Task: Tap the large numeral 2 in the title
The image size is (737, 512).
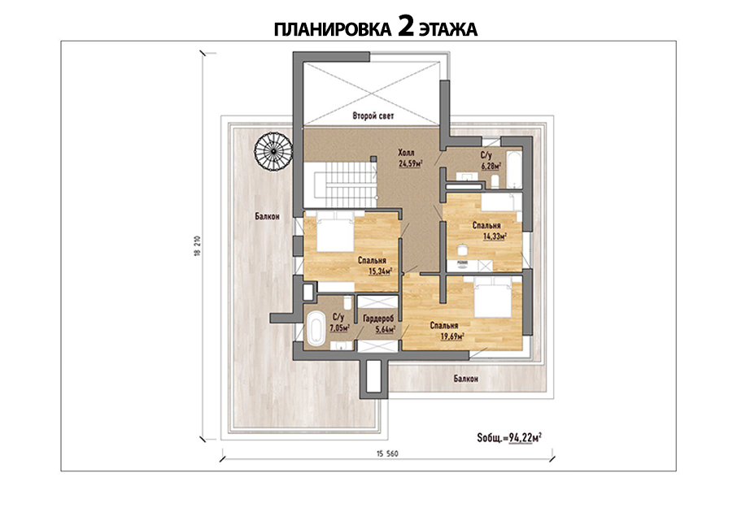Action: coord(406,28)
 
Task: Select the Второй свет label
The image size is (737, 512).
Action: coord(373,115)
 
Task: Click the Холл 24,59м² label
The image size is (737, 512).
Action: coord(409,158)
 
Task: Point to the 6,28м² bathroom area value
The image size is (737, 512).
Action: coord(491,165)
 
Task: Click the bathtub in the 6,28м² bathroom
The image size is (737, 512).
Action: coord(514,168)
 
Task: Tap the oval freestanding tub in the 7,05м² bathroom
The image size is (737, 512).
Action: coord(315,329)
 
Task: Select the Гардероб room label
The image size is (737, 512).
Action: coord(378,319)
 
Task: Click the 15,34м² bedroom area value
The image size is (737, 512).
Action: coord(380,271)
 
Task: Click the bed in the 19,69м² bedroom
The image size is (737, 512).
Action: coord(493,297)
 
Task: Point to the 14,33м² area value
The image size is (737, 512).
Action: coord(495,236)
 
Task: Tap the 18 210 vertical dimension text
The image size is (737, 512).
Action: coord(197,245)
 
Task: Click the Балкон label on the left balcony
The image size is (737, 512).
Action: coord(267,216)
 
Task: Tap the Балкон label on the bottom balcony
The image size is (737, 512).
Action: coord(466,378)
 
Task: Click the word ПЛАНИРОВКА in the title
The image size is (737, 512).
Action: coord(333,29)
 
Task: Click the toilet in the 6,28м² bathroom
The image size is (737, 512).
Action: coord(495,181)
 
